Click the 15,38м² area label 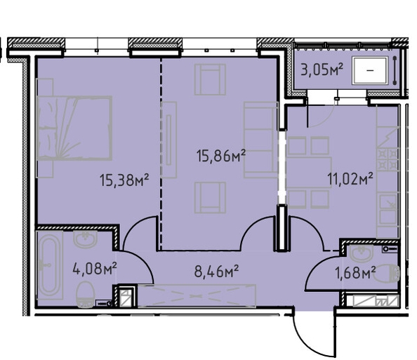pos(124,180)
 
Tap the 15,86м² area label pos(220,156)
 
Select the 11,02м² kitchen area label pos(350,179)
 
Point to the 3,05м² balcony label pos(322,69)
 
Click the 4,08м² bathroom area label pos(95,268)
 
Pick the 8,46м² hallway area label pos(216,271)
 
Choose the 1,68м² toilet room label pos(355,272)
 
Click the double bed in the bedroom pos(74,128)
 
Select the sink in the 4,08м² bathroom pos(85,239)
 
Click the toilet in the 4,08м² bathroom pos(86,295)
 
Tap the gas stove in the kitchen pos(388,159)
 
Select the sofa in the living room pos(261,140)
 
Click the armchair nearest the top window pos(210,79)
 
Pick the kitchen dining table pos(309,173)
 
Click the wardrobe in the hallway pos(197,296)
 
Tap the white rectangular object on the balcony pos(370,70)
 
